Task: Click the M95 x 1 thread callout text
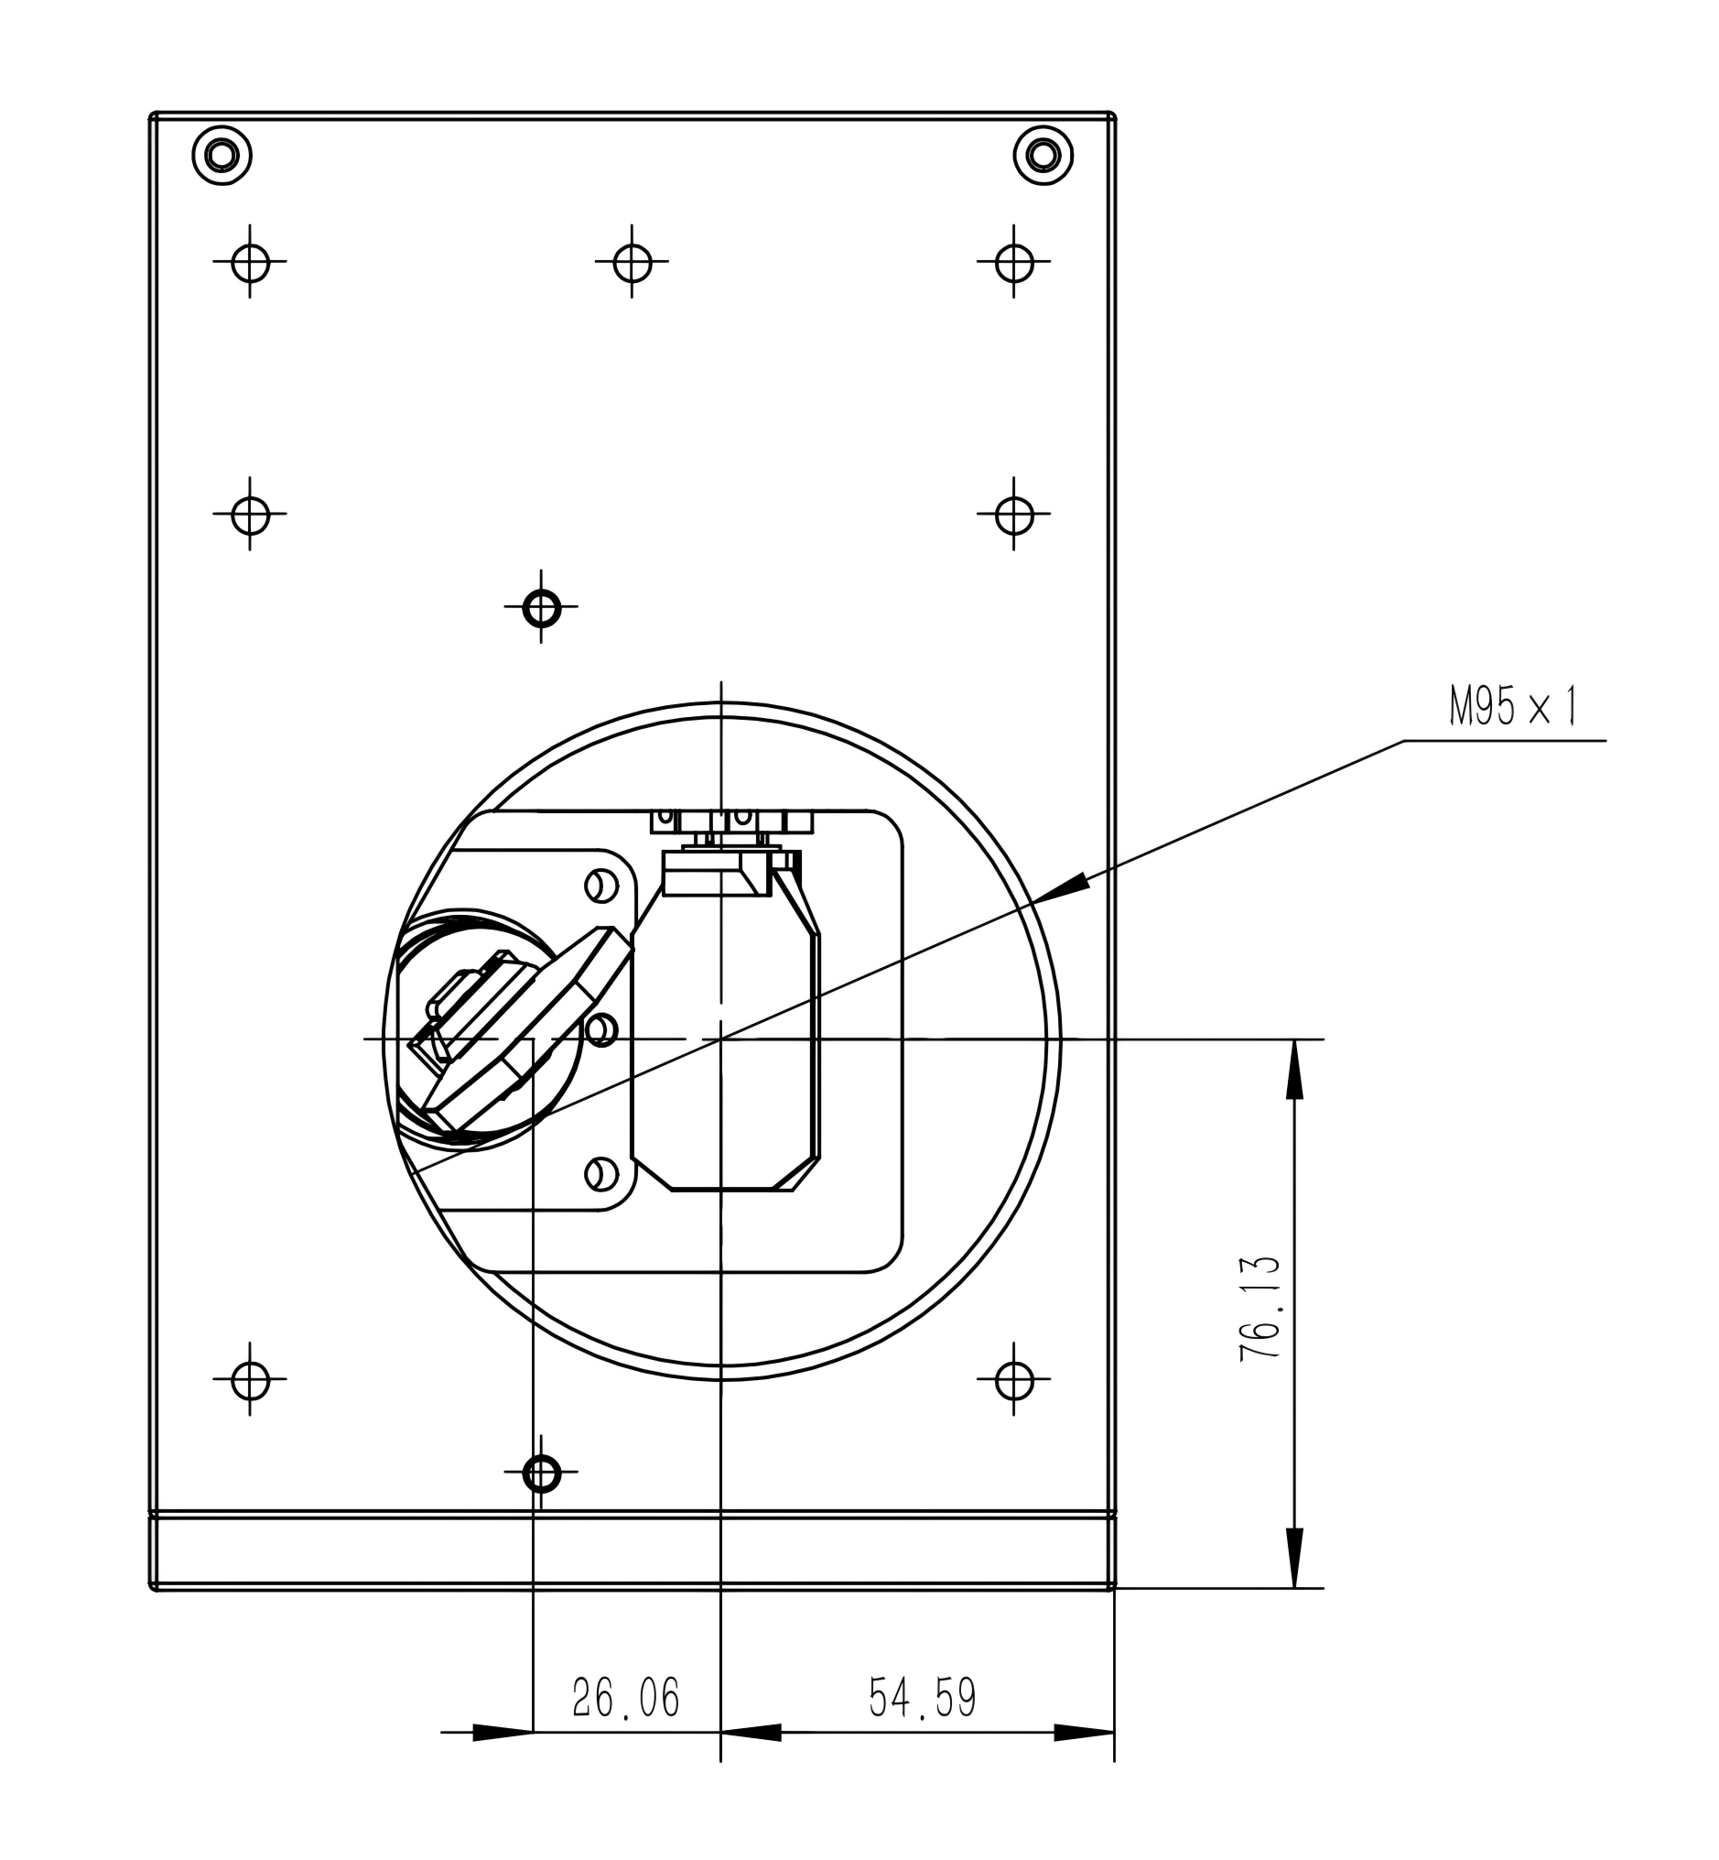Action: [x=1513, y=708]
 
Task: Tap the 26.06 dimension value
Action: [x=626, y=1697]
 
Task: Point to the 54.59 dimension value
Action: [x=923, y=1697]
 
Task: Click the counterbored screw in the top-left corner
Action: [x=222, y=155]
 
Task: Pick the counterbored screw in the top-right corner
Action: [x=1043, y=155]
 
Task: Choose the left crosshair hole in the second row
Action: [x=250, y=514]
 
